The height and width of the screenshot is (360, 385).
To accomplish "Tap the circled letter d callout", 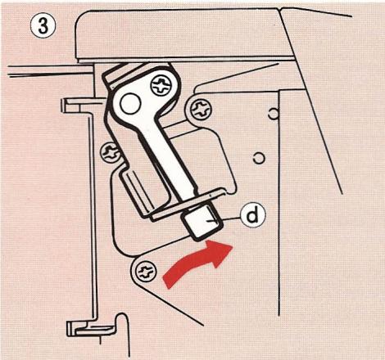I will tap(254, 216).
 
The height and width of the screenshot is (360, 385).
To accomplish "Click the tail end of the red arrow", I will tap(170, 281).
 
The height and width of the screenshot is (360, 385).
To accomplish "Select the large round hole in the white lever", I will tap(132, 102).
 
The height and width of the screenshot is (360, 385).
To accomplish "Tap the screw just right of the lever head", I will tap(198, 106).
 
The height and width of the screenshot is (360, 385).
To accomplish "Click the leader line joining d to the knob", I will tap(229, 217).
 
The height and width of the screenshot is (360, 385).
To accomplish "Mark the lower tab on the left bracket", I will tap(82, 329).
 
